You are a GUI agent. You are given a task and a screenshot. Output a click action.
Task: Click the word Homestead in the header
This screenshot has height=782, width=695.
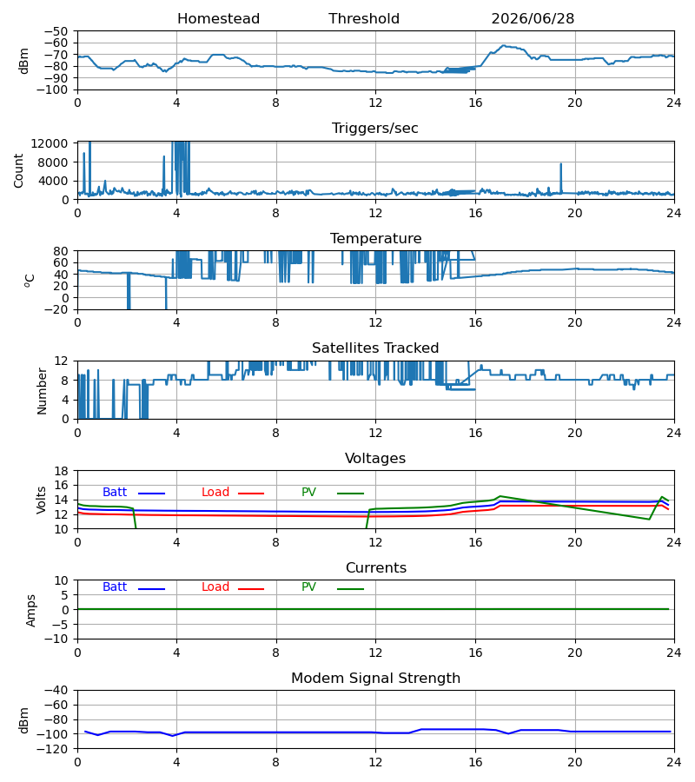coord(218,19)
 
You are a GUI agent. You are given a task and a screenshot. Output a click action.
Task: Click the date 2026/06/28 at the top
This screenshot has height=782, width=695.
coord(533,19)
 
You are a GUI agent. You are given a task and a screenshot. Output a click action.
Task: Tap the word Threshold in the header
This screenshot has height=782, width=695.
coord(364,19)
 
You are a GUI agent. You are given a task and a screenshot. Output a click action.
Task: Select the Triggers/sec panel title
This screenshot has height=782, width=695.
coord(375,129)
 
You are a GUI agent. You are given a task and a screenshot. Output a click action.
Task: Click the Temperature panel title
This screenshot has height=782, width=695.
coord(375,238)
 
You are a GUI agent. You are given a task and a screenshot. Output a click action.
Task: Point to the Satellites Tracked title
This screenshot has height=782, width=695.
coord(375,348)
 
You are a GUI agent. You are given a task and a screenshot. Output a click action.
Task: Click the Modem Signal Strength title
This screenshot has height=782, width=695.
coord(375,679)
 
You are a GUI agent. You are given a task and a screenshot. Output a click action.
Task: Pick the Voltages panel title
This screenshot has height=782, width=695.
coord(375,458)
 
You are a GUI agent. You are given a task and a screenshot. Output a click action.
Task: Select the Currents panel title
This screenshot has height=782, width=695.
coord(376,568)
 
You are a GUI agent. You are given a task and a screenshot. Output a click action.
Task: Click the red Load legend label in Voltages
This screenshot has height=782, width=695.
coord(215,493)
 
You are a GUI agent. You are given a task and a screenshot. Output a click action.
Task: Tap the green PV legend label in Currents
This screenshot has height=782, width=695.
coord(308,587)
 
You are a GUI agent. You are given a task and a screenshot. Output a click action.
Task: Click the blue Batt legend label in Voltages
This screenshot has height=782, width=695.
coord(115,493)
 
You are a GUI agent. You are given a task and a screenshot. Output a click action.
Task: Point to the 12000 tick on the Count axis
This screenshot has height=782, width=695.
coord(50,144)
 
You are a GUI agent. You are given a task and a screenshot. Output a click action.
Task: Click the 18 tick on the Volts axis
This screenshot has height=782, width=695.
coord(62,471)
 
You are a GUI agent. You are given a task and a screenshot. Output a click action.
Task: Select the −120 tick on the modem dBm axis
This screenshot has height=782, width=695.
coord(56,749)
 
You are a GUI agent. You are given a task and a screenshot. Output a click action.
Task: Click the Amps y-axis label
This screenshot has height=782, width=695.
coord(31,611)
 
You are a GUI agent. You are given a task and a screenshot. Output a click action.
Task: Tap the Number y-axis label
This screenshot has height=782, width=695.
coord(42,392)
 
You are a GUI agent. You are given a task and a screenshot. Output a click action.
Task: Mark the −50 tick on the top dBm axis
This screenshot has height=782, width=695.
coord(56,31)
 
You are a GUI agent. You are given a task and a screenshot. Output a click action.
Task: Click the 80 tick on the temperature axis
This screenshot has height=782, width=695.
coord(62,251)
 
